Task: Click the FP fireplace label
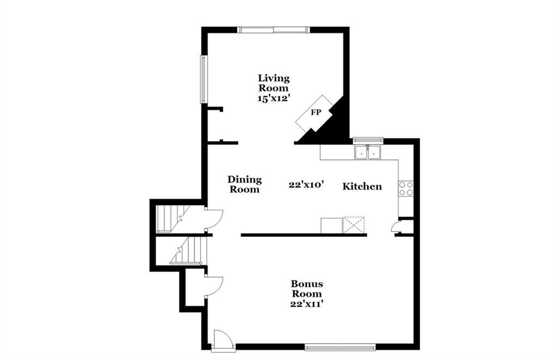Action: click(316, 112)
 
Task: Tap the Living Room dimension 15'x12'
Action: click(272, 98)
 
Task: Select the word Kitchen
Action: click(362, 186)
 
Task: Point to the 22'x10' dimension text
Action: click(306, 184)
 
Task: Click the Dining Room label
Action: click(245, 184)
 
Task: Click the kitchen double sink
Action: click(368, 152)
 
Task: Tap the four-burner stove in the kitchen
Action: click(405, 188)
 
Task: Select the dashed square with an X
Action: click(353, 224)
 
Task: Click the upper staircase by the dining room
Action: click(170, 219)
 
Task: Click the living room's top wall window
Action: click(274, 30)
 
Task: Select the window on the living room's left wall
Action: click(203, 79)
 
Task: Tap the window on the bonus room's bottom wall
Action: click(340, 347)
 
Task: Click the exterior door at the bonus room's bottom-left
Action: click(223, 341)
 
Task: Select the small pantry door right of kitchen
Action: click(396, 227)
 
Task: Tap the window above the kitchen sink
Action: click(368, 140)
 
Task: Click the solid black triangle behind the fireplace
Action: click(329, 125)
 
